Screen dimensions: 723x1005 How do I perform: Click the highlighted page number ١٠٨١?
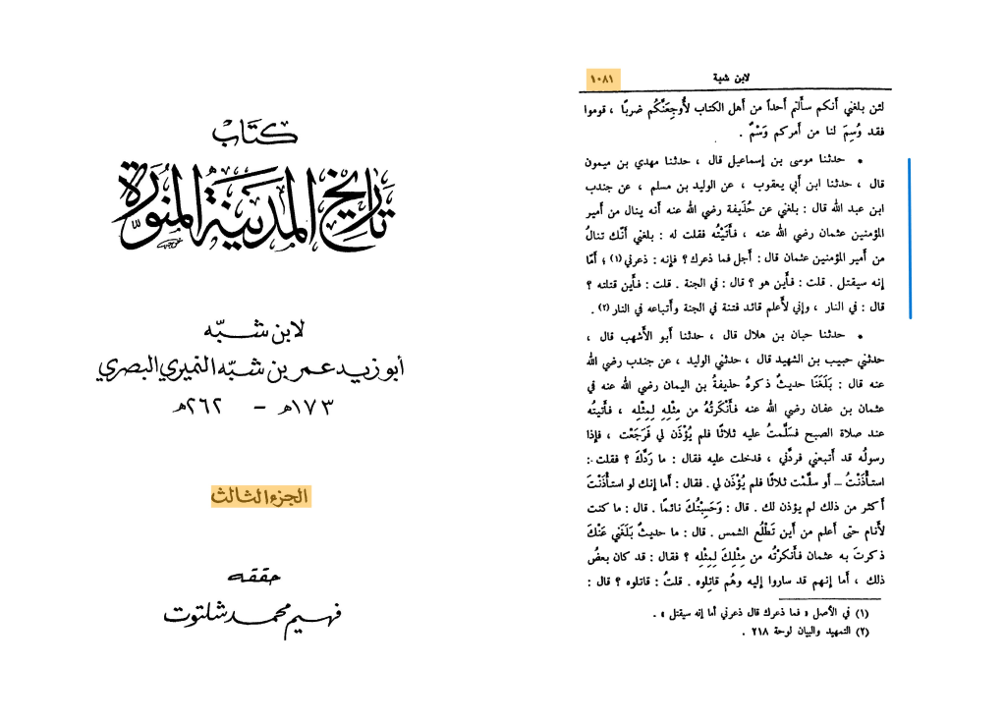[601, 76]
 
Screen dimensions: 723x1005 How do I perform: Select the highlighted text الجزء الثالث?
[259, 497]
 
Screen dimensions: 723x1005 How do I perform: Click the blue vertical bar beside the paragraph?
[911, 239]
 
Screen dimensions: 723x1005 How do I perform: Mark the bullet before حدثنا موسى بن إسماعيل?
[860, 159]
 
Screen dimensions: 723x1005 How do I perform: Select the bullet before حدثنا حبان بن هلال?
[860, 335]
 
